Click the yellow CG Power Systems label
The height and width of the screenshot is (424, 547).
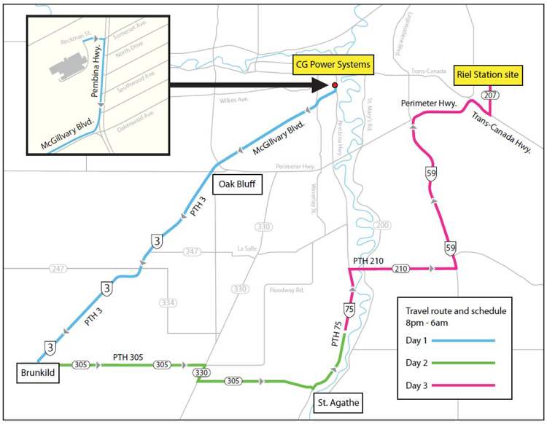[x=332, y=65]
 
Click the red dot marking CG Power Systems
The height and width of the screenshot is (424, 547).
[x=335, y=85]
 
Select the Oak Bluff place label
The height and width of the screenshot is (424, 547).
[x=236, y=184]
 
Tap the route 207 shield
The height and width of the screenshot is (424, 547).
[x=489, y=95]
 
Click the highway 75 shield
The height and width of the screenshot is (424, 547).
[x=349, y=310]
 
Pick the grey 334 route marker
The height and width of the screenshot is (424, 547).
[x=168, y=302]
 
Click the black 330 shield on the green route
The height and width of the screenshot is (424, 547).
[x=201, y=373]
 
